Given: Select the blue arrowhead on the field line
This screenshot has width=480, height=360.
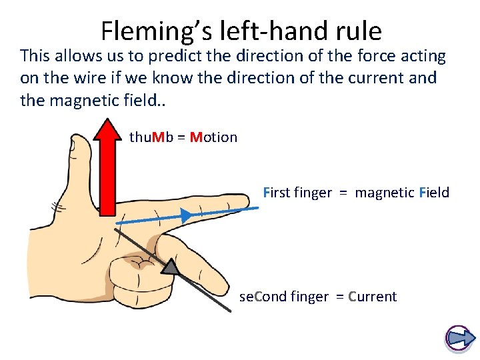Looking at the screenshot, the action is (186, 215).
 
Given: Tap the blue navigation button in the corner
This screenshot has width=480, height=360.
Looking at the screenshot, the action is (458, 338).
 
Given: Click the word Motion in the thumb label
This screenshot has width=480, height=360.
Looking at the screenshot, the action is (213, 137).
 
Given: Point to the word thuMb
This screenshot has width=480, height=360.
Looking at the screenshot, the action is (151, 137).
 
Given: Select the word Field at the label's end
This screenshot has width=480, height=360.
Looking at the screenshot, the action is (434, 193).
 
